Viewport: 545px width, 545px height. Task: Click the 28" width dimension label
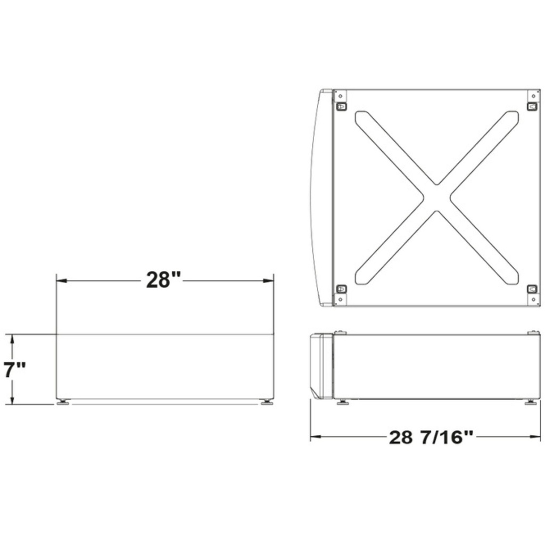pyautogui.click(x=163, y=280)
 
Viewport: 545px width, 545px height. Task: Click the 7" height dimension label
pyautogui.click(x=14, y=369)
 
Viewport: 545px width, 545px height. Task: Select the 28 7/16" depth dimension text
pyautogui.click(x=431, y=437)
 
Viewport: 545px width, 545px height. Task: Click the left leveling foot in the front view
pyautogui.click(x=63, y=402)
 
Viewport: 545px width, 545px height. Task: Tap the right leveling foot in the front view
pyautogui.click(x=267, y=402)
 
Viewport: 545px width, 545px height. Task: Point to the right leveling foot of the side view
pyautogui.click(x=531, y=402)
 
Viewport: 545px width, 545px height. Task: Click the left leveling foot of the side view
pyautogui.click(x=343, y=402)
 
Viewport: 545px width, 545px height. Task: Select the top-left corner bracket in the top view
pyautogui.click(x=341, y=106)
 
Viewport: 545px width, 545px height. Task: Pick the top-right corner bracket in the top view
pyautogui.click(x=532, y=106)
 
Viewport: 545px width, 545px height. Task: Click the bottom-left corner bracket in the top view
pyautogui.click(x=341, y=289)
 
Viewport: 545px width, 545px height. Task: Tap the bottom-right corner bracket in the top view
pyautogui.click(x=532, y=289)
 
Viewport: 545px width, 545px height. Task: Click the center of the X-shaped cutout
pyautogui.click(x=436, y=198)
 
